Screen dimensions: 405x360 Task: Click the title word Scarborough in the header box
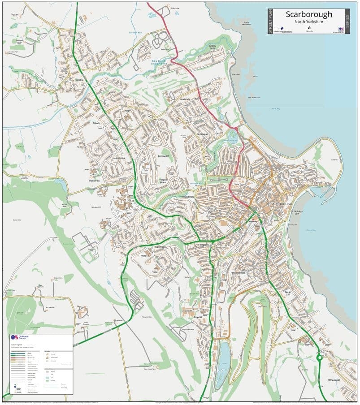pos(309,14)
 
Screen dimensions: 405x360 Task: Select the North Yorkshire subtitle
pos(309,22)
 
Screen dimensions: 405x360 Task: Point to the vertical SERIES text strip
pos(347,20)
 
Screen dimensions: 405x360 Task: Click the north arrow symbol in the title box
pos(309,28)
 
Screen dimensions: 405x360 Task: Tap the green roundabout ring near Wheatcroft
pos(320,358)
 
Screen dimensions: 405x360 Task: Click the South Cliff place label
pos(288,293)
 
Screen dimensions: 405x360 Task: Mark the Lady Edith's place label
pos(118,159)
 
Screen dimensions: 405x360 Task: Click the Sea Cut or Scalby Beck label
pos(158,62)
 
